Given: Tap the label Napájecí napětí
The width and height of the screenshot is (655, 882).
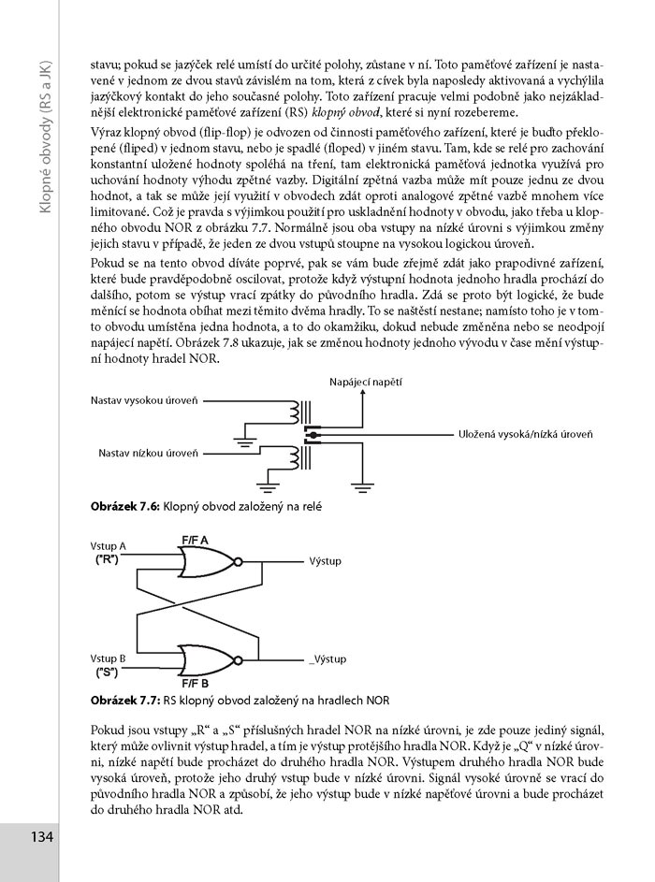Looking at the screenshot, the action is pyautogui.click(x=366, y=383).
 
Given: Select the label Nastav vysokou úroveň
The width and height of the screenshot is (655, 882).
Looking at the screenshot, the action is pyautogui.click(x=145, y=401).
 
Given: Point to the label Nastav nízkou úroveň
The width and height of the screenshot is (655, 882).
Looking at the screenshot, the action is pyautogui.click(x=149, y=454).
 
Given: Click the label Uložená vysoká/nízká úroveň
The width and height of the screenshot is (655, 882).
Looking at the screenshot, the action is pyautogui.click(x=526, y=434).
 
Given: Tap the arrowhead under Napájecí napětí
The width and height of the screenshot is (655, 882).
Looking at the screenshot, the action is pyautogui.click(x=363, y=393).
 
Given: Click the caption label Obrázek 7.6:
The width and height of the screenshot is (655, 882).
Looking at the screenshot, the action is pyautogui.click(x=125, y=507).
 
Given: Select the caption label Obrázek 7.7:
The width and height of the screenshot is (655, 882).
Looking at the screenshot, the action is pyautogui.click(x=126, y=701).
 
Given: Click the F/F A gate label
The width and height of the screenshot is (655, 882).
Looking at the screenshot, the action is pyautogui.click(x=195, y=541).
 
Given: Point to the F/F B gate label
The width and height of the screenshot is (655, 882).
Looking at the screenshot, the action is pyautogui.click(x=196, y=684).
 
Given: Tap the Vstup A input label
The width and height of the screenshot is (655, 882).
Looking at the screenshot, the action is pyautogui.click(x=108, y=546).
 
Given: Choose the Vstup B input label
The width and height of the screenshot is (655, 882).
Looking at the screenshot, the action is pyautogui.click(x=108, y=658).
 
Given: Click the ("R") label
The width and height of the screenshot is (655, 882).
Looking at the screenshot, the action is pyautogui.click(x=107, y=559).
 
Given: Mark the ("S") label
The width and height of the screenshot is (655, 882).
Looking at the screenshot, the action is pyautogui.click(x=107, y=672).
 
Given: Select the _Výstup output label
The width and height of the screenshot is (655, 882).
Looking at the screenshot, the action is pyautogui.click(x=327, y=659).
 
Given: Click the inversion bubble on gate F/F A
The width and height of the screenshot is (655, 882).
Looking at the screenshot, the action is pyautogui.click(x=238, y=562).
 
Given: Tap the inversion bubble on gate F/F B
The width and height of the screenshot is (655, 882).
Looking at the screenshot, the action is pyautogui.click(x=238, y=659).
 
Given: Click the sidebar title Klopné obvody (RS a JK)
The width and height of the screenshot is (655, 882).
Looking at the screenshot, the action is pyautogui.click(x=46, y=137).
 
